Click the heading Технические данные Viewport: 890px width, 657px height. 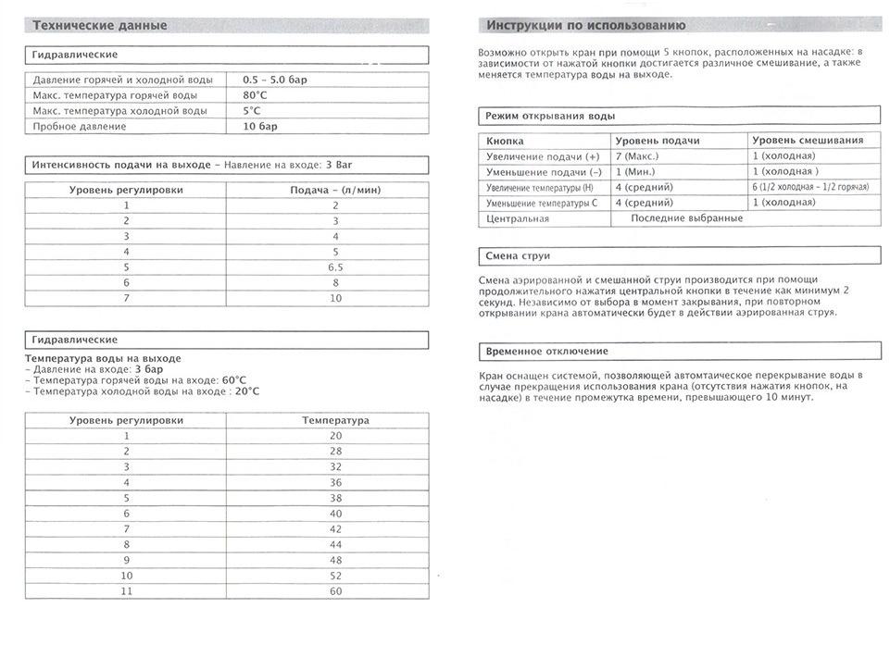100,25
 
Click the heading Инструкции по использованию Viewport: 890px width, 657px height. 585,25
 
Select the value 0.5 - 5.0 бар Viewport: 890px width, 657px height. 275,80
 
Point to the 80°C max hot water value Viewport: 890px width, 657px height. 256,95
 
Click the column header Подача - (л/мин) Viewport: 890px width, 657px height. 335,190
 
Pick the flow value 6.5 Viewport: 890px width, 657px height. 335,267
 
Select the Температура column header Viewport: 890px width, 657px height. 335,420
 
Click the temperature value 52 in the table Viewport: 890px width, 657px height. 335,576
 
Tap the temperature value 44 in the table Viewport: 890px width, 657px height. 335,544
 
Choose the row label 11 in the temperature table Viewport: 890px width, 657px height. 126,591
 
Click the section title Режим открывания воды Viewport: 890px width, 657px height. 550,117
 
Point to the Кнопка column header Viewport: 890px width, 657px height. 505,141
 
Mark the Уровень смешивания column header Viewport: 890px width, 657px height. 808,141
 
